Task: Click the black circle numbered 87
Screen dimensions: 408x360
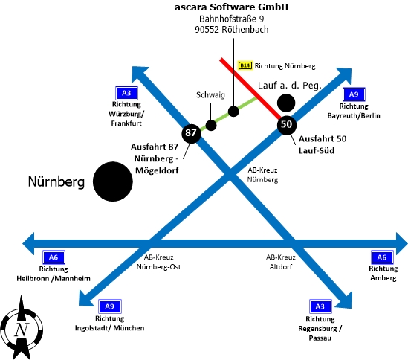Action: [x=191, y=133]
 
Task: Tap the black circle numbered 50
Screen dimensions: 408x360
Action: [x=287, y=125]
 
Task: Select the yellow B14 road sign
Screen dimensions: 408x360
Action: [x=245, y=65]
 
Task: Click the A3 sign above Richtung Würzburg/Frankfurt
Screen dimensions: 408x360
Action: [x=126, y=93]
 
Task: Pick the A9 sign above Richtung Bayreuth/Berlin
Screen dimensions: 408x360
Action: [x=354, y=94]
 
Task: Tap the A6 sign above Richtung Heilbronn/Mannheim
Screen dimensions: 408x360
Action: [x=54, y=257]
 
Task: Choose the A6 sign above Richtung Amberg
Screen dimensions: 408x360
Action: [x=382, y=257]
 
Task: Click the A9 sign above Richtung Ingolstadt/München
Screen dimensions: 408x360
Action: [x=110, y=306]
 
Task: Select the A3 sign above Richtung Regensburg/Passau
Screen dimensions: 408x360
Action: [x=320, y=306]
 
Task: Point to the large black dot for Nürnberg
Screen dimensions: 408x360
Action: [x=113, y=181]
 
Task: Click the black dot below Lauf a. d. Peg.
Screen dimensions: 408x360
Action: [x=286, y=103]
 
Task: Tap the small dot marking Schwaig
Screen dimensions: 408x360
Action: [x=211, y=125]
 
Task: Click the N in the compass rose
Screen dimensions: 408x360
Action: [x=22, y=330]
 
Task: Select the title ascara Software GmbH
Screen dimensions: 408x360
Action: [x=231, y=7]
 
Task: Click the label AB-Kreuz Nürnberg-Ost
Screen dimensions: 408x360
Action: [x=159, y=262]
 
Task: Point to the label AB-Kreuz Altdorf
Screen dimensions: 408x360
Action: [x=281, y=262]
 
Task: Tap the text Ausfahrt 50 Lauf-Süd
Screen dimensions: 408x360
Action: [x=323, y=144]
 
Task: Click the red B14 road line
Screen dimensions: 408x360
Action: [x=251, y=89]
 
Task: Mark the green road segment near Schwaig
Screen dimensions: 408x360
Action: [x=228, y=115]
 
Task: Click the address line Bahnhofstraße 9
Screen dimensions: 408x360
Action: [x=232, y=19]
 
